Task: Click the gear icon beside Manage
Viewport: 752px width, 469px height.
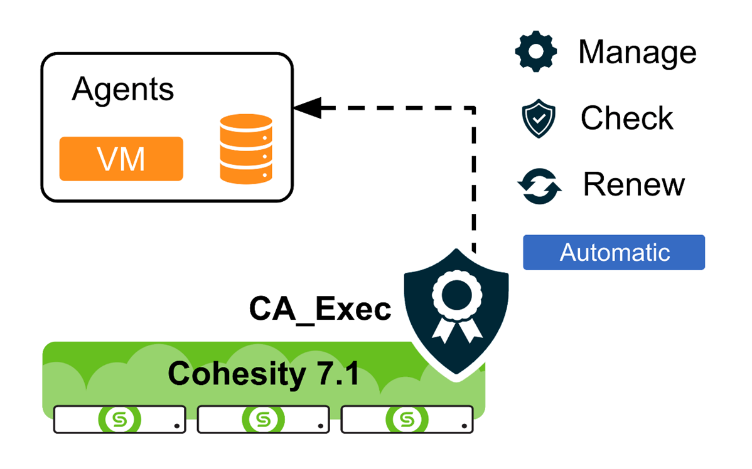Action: pos(536,52)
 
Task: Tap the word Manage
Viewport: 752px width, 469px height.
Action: pos(637,52)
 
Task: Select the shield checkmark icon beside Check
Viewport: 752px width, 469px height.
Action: pos(539,119)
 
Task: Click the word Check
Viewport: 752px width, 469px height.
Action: pos(626,119)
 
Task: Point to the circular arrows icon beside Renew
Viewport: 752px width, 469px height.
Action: pos(539,186)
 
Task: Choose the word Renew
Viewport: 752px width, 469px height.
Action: pos(634,184)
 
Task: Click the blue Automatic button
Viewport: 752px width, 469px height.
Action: pos(614,252)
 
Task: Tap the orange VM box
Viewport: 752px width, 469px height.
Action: pos(121,159)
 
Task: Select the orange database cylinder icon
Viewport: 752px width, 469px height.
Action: pos(247,149)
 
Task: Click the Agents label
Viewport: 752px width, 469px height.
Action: pos(122,89)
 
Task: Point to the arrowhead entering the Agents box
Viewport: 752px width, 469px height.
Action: pos(306,107)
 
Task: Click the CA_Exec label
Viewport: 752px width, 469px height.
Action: pos(320,309)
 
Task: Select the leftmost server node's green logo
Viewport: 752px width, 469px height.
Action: pos(119,419)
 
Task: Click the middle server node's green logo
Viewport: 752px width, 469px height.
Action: pos(263,419)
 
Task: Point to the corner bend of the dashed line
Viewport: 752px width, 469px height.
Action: pos(474,108)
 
